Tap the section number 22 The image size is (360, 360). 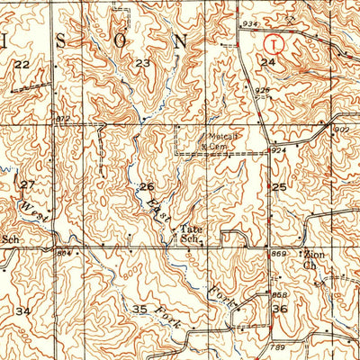click(x=22, y=64)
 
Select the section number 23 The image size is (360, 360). click(x=142, y=63)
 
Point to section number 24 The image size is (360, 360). click(x=267, y=62)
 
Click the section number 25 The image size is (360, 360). click(x=279, y=186)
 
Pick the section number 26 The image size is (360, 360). click(x=147, y=186)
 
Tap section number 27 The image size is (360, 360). click(x=28, y=184)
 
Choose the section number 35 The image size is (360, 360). click(x=139, y=309)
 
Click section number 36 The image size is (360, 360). click(x=280, y=309)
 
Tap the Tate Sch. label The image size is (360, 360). click(x=189, y=234)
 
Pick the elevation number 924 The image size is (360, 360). click(x=281, y=150)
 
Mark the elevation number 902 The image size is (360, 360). click(x=341, y=130)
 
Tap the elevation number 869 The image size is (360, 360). click(x=280, y=256)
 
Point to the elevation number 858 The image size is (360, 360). click(x=281, y=295)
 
